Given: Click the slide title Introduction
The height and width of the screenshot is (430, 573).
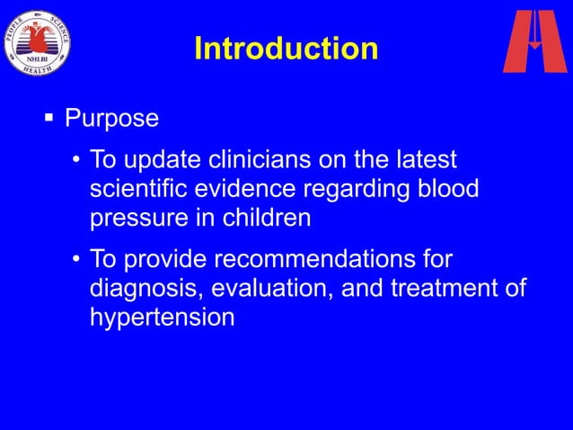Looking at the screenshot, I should coord(286,49).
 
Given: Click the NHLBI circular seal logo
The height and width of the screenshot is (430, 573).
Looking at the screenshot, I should coord(38,41).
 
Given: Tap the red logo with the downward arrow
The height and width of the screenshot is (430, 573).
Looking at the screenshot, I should coord(534,40).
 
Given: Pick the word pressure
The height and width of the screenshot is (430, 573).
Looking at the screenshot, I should coord(142,219).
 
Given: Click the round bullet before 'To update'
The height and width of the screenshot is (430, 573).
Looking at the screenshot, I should coord(77,161).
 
